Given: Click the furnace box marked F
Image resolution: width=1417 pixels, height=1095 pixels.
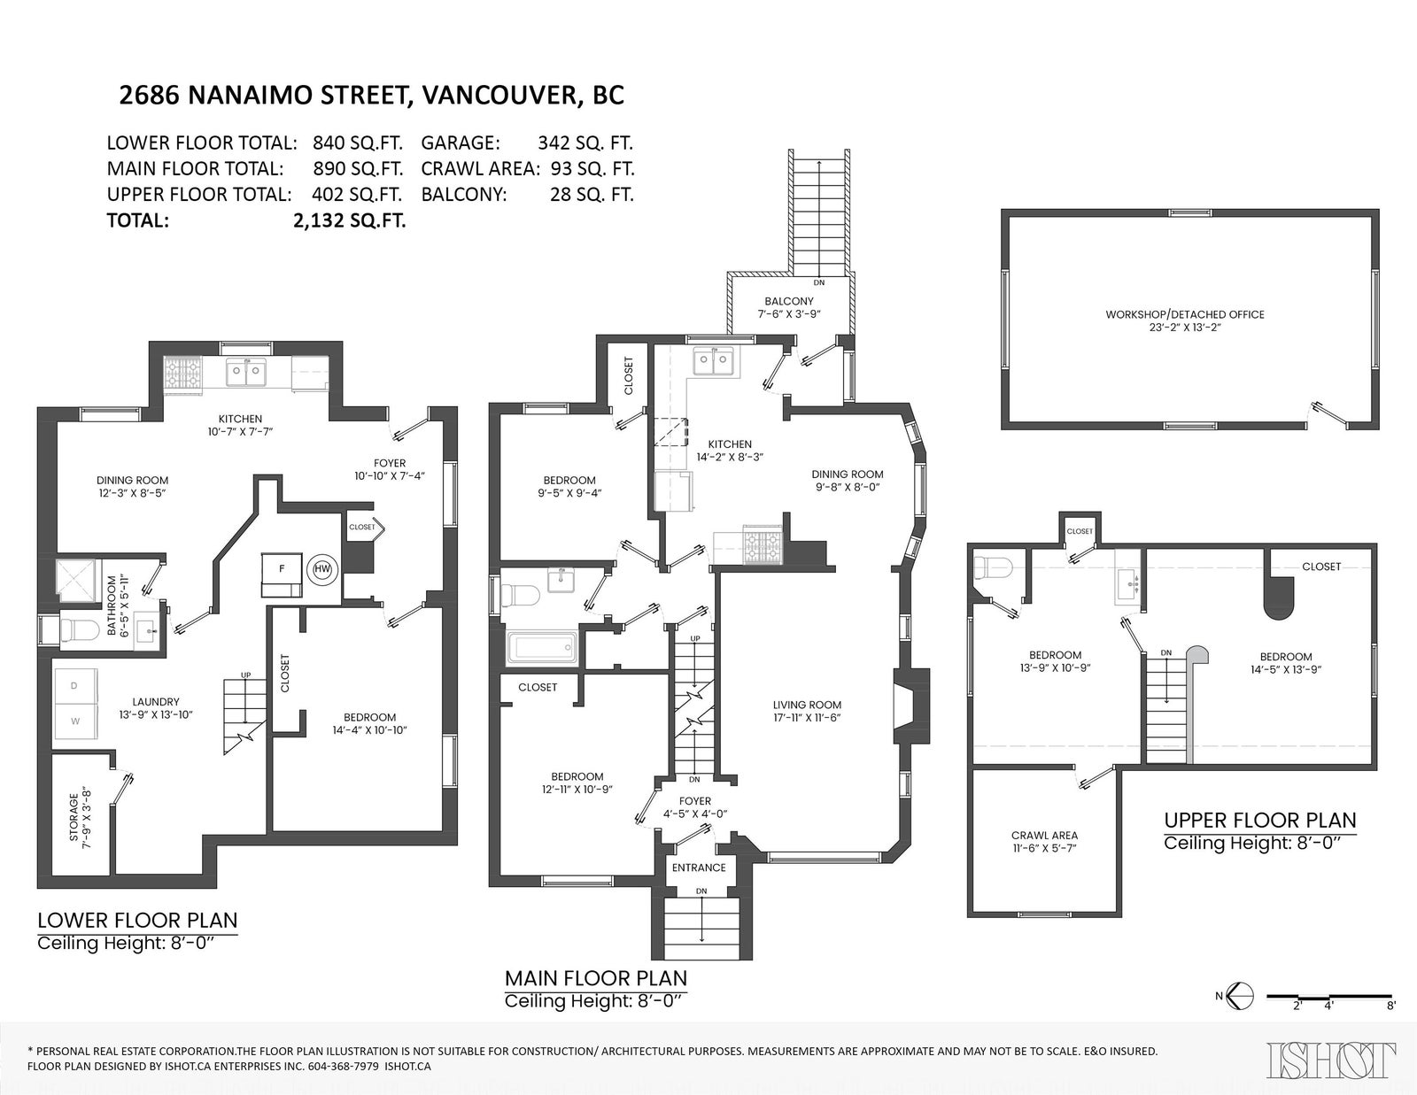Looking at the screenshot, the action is click(x=282, y=574).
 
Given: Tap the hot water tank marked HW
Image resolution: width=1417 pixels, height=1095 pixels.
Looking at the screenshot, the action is click(x=322, y=569).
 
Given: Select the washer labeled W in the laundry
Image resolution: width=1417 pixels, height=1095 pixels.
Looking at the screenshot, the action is click(x=75, y=721).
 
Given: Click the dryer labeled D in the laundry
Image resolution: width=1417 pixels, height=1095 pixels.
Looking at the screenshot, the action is click(x=75, y=686).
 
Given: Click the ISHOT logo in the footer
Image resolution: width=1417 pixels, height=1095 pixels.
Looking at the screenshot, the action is click(x=1331, y=1060).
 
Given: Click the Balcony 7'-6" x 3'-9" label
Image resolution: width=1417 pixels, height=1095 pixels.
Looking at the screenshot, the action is click(x=789, y=307).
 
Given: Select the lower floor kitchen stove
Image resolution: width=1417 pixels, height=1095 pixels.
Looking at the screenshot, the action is click(x=183, y=374).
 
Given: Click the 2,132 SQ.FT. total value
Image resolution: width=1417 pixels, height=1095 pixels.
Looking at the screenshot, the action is click(x=350, y=221).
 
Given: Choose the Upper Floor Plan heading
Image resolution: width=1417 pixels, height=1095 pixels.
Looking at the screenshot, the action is click(x=1260, y=820).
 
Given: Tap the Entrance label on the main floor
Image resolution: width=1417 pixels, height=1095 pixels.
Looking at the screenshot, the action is click(x=699, y=868).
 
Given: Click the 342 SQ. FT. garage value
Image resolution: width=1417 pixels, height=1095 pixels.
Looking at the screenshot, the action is click(x=585, y=143).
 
